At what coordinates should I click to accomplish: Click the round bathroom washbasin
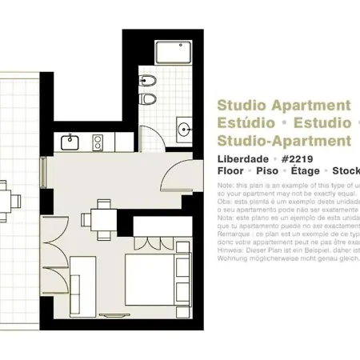[x=184, y=129]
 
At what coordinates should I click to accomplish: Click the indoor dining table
[x=102, y=218]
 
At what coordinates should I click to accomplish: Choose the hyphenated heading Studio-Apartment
[x=284, y=141]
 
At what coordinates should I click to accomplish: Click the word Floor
[x=233, y=171]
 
